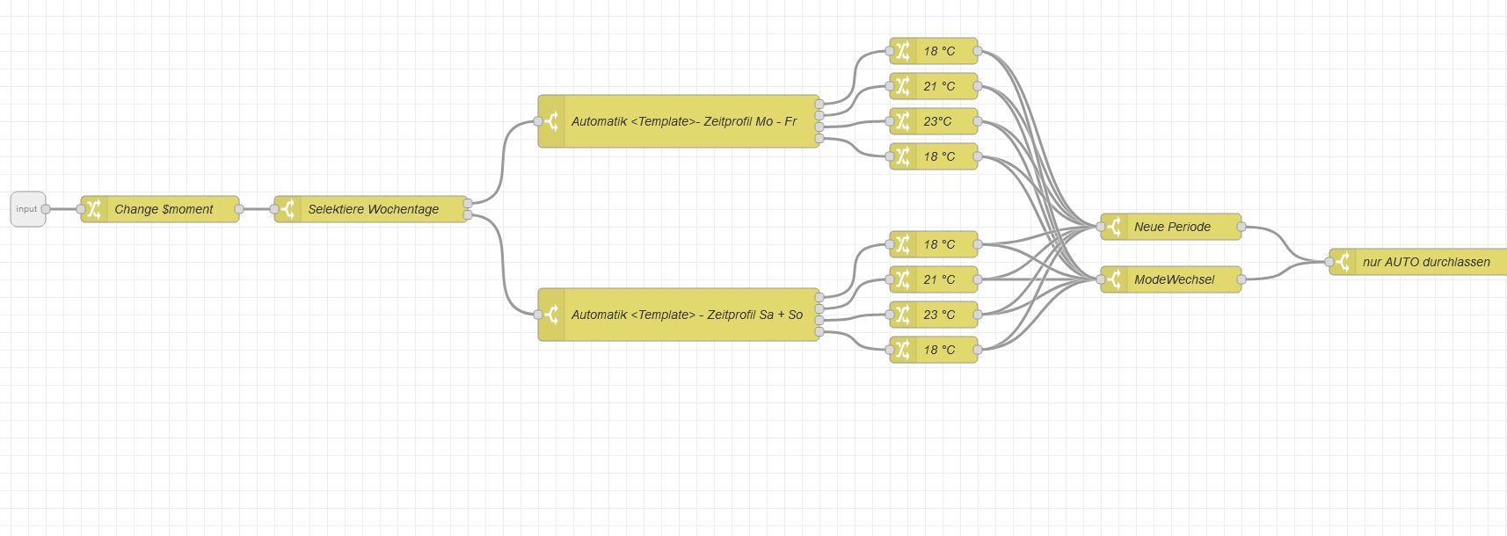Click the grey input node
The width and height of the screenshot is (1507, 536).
pos(27,209)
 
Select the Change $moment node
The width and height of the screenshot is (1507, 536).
pos(164,209)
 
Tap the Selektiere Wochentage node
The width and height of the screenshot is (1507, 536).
pos(373,209)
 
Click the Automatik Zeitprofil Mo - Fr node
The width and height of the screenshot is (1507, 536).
pos(683,121)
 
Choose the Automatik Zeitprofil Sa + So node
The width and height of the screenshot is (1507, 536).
pos(686,315)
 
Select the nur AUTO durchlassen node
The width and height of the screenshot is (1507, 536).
pos(1425,262)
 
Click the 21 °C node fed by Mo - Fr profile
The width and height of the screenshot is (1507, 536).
pos(938,86)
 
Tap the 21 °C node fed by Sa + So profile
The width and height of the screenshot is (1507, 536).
pos(938,279)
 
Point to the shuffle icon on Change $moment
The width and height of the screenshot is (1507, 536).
pos(94,209)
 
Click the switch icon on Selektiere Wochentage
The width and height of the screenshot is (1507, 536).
pos(288,209)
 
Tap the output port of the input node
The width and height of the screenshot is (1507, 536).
pos(46,209)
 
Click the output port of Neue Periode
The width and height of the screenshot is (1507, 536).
pos(1241,227)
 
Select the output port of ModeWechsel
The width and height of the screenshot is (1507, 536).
pos(1241,279)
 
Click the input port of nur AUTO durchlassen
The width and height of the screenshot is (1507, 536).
pos(1329,262)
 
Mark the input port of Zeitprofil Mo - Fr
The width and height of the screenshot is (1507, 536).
pos(538,121)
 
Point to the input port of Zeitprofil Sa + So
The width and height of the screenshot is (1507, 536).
pos(538,315)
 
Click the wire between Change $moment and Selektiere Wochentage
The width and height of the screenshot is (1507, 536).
pos(257,209)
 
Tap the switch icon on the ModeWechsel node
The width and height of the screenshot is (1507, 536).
pos(1114,279)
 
